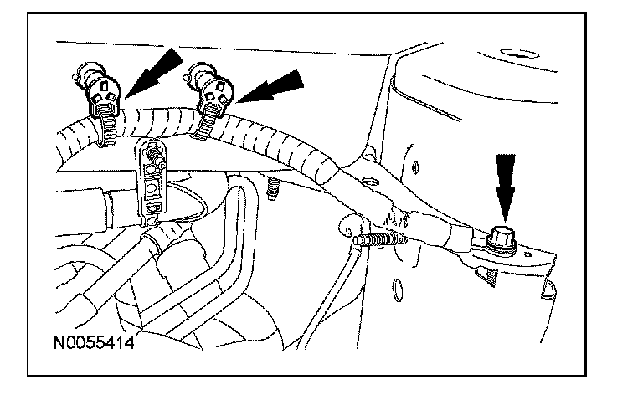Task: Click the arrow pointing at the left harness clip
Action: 156,70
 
